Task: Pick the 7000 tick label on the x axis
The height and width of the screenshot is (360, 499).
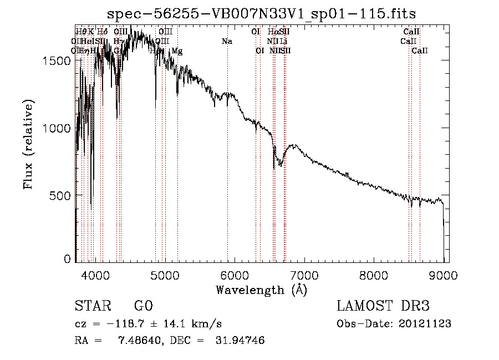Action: tap(304, 275)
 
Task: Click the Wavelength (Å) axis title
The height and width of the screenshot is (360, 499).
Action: tap(261, 290)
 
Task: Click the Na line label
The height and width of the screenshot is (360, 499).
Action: tap(227, 42)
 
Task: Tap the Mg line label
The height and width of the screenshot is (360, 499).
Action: tap(177, 51)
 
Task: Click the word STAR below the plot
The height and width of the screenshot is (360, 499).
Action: tap(92, 306)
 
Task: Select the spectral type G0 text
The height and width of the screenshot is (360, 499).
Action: tap(143, 306)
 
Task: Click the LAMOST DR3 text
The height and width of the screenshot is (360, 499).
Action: tap(383, 306)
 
